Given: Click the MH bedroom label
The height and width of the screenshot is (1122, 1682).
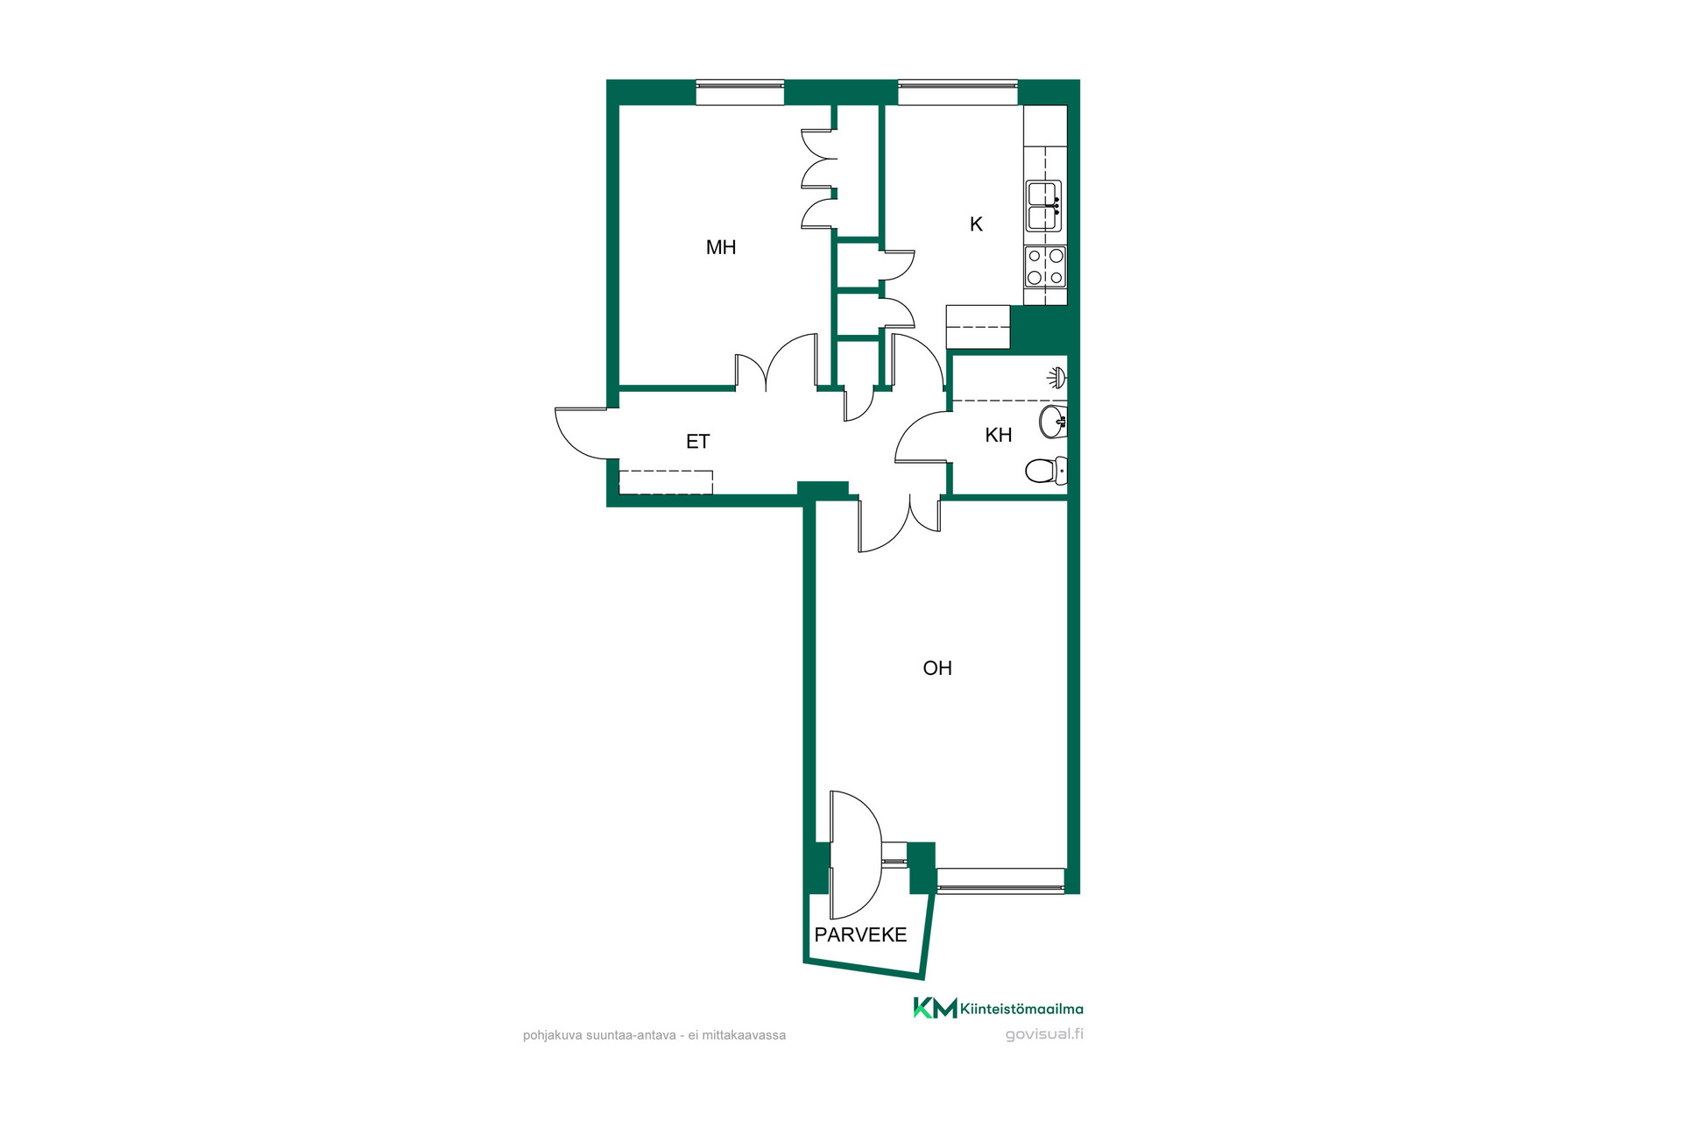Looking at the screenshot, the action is pos(721,247).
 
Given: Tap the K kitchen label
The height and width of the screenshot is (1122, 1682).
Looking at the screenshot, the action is pos(976,224).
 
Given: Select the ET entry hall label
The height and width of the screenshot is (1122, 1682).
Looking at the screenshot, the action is pos(697,442).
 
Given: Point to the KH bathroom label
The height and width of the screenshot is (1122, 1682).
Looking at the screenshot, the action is pos(999,435).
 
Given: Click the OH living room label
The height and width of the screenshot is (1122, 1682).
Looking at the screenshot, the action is pos(937,668).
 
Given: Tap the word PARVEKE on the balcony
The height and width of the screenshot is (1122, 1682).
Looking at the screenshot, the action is pos(860,934).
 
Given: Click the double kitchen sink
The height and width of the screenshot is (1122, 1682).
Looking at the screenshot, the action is pos(1044,206).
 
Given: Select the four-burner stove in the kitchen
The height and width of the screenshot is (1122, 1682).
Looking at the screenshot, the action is pos(1046,266).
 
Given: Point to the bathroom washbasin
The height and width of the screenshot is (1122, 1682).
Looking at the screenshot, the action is pos(1053,422).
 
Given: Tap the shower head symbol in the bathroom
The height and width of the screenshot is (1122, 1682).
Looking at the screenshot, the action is pos(1057,378).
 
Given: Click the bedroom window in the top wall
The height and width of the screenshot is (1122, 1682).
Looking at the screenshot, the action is pos(740,92).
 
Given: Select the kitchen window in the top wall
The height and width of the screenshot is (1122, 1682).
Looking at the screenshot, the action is pos(958,92).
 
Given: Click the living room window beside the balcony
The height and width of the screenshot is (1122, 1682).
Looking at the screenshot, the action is pos(1000,880).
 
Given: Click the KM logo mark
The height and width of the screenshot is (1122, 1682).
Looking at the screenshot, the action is pos(935,1008).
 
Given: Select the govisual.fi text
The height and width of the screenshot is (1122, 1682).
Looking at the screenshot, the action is pos(1044,1033).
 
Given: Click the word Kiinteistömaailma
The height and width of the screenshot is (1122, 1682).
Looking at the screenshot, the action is pos(1021,1008).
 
